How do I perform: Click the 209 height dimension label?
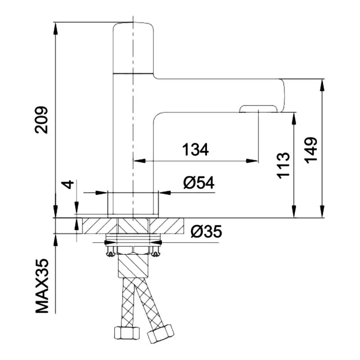coord(42,120)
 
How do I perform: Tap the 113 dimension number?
coord(283,166)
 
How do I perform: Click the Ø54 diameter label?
coord(198,183)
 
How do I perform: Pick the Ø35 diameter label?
coord(206,231)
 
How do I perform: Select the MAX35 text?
coord(42,286)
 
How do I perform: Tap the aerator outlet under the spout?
coord(259,108)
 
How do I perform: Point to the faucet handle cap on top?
coord(133,47)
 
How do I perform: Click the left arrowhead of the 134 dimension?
coord(137,160)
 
